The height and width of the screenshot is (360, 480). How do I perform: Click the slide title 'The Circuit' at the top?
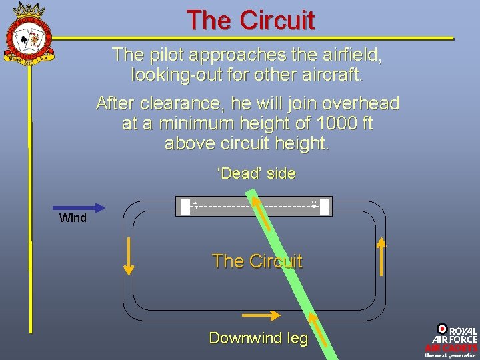click(x=250, y=21)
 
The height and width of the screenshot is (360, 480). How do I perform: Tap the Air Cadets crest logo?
click(x=28, y=33)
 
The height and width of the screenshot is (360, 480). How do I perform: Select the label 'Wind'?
click(x=73, y=218)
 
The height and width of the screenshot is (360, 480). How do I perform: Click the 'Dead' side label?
click(x=256, y=174)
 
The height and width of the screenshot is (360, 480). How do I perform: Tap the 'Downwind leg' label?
click(x=259, y=338)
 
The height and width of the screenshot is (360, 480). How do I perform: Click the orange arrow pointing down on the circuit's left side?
click(x=129, y=257)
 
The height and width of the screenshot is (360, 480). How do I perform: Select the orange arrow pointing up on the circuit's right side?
click(x=381, y=257)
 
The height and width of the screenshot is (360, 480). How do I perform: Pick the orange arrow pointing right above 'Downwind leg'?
click(x=261, y=314)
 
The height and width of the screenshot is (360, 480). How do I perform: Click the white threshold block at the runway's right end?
click(x=324, y=206)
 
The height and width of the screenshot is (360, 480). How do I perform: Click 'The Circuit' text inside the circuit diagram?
click(x=257, y=261)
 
